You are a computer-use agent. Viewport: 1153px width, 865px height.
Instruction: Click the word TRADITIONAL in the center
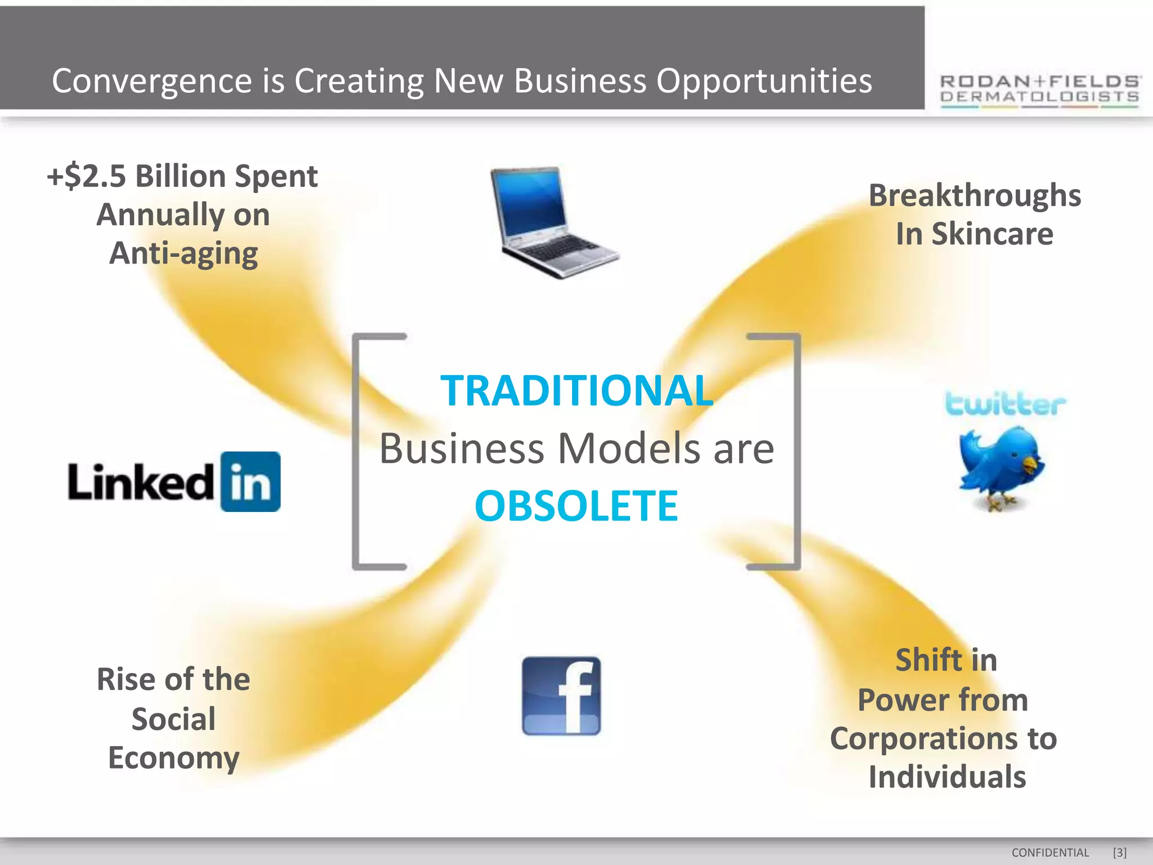pos(576,390)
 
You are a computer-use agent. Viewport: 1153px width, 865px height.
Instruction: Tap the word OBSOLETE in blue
pos(576,506)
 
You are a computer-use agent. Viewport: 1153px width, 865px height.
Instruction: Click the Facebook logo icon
pos(561,696)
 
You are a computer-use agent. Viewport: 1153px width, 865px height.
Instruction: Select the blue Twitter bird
pos(1001,467)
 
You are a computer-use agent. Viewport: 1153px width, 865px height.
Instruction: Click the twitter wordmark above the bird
pos(1005,404)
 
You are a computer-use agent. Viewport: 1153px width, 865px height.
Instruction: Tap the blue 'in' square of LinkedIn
pos(251,481)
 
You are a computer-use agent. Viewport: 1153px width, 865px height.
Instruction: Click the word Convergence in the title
pos(152,81)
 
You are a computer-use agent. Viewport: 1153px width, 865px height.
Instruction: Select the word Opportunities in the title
pos(764,81)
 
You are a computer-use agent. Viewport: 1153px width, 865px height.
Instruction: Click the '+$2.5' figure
pos(87,176)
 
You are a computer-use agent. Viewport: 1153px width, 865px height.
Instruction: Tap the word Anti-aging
pos(184,253)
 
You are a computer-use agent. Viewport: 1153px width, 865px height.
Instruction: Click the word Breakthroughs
pos(975,195)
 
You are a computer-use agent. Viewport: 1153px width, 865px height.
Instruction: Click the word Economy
pos(173,757)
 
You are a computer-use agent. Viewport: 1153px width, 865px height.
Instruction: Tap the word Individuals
pos(947,777)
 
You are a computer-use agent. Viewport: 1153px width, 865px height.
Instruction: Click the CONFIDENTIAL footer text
pos(1050,853)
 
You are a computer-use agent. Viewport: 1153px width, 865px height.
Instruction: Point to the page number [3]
pos(1120,853)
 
